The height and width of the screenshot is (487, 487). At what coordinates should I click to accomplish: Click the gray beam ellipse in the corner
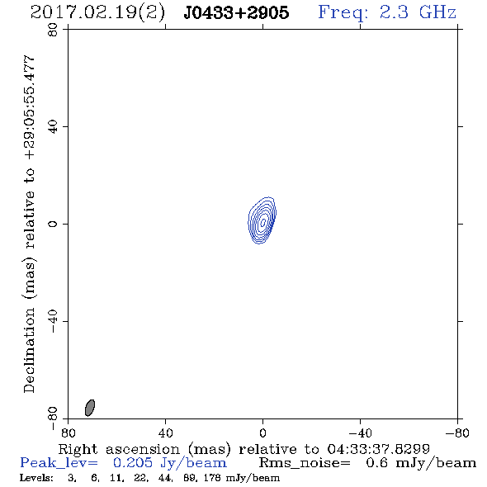point(90,408)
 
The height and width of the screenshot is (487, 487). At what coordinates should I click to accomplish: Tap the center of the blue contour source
point(262,220)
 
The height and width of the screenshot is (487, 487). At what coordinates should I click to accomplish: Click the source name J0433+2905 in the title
point(236,12)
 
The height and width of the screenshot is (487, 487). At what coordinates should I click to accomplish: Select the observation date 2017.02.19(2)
point(97,13)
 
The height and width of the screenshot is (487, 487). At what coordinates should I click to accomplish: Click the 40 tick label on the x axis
point(165,433)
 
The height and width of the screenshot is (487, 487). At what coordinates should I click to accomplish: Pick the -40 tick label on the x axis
point(360,433)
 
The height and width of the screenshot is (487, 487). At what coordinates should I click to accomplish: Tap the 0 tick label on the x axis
point(262,433)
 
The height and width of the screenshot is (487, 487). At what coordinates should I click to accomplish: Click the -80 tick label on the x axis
point(457,433)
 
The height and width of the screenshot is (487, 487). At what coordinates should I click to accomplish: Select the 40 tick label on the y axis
point(53,126)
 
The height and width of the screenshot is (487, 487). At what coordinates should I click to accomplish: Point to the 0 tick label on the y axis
point(53,224)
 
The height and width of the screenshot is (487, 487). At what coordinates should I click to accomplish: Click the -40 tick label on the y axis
point(53,321)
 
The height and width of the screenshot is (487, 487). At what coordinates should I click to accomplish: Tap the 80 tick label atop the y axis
point(53,30)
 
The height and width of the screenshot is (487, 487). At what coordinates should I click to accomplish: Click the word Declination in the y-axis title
point(29,351)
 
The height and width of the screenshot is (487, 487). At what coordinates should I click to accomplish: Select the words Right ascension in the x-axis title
point(119,449)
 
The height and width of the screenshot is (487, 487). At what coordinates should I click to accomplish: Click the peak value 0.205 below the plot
point(133,463)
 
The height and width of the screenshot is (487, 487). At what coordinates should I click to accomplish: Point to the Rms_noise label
point(305,463)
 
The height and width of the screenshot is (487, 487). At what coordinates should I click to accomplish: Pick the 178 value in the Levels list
point(214,478)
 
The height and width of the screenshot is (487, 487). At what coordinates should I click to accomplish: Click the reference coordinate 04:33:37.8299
point(379,449)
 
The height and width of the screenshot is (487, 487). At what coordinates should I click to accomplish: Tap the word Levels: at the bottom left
point(36,478)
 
